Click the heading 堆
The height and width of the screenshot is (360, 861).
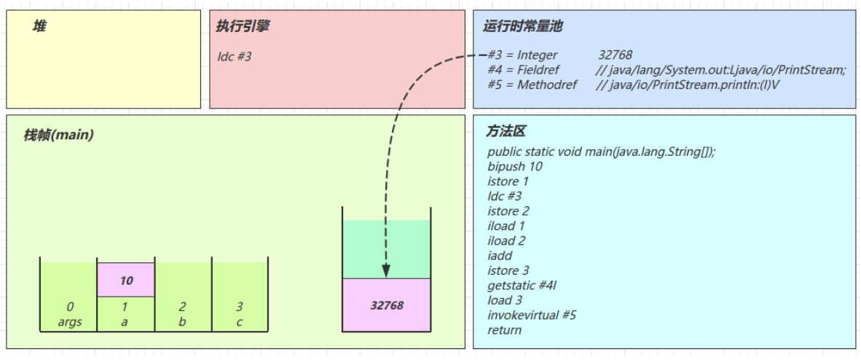[x=40, y=26]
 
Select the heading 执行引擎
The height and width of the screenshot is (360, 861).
[x=243, y=26]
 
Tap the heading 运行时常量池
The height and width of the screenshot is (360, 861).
[x=522, y=26]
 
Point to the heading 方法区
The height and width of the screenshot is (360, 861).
[x=506, y=132]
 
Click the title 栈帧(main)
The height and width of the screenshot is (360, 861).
[x=58, y=135]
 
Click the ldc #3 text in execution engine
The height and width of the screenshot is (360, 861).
[x=235, y=56]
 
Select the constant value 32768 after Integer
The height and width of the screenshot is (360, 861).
[x=615, y=55]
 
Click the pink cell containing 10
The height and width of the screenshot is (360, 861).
[x=126, y=280]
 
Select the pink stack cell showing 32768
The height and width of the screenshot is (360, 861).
[x=386, y=305]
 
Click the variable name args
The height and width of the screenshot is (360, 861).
[x=70, y=321]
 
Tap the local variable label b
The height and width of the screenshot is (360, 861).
[x=182, y=321]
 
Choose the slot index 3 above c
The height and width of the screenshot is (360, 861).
[x=240, y=307]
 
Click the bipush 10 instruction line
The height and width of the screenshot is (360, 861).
[x=515, y=166]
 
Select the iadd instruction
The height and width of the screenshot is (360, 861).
[x=500, y=256]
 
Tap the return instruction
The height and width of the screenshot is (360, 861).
[x=504, y=330]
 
